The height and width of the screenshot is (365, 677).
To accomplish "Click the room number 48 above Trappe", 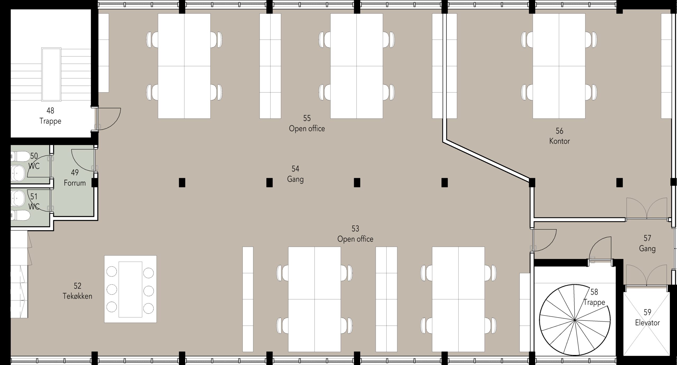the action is coord(50,110).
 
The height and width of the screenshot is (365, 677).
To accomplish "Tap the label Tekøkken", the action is coord(77,296).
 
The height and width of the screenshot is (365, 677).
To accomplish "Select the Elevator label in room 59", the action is coord(647,322).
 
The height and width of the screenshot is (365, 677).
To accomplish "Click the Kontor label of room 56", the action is coord(559,141).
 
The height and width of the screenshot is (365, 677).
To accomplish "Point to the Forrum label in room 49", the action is coord(75,183).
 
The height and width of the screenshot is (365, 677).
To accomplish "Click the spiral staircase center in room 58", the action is coord(575,320).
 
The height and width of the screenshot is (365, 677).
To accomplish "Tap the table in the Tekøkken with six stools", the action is coord(130,289).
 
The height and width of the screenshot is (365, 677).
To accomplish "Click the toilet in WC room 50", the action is coord(20,156).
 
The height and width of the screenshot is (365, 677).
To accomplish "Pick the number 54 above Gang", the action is coord(295,169).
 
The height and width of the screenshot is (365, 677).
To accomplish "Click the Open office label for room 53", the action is coord(355,239).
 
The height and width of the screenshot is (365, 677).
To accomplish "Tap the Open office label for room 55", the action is coord(307,128).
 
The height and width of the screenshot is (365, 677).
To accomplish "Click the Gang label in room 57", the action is coord(647,248).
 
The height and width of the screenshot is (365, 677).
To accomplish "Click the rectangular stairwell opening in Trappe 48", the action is coord(51,74).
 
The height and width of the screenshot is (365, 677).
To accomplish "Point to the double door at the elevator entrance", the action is coord(647,275).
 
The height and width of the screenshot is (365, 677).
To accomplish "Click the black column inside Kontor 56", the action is coord(620,183).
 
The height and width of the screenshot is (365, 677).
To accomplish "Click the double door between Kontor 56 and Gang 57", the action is coord(647,209).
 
